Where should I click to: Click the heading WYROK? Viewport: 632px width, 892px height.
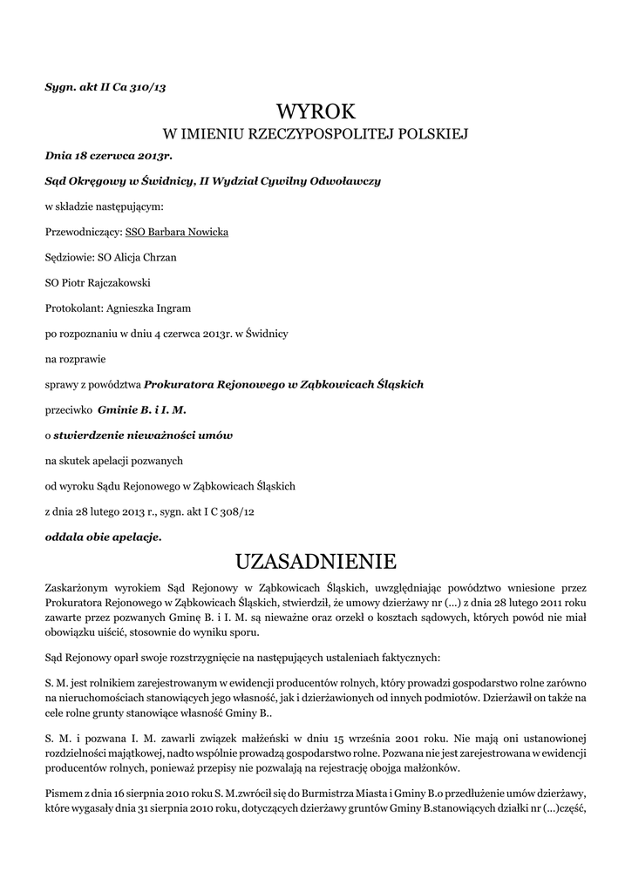coord(316,111)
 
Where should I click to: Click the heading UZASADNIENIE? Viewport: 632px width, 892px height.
coord(316,558)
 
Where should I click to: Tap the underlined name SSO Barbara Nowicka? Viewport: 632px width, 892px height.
coord(177,233)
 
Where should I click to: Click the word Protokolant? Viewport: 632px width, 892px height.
coord(73,308)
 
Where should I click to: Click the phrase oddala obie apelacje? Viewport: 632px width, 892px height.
coord(103,537)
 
